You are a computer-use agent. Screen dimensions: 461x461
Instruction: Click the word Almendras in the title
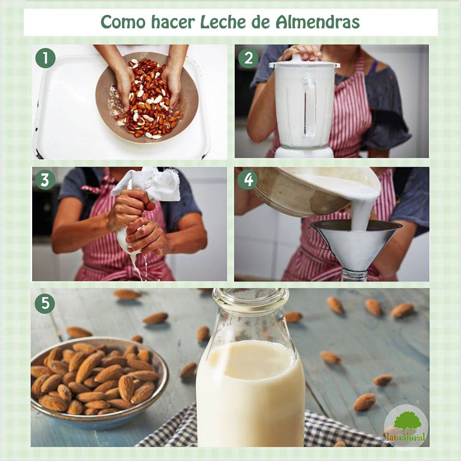(x=317, y=22)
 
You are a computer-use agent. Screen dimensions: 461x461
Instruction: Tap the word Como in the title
(x=123, y=22)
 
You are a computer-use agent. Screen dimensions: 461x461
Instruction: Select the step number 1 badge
(x=45, y=58)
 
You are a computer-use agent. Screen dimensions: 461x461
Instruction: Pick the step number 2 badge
(x=248, y=58)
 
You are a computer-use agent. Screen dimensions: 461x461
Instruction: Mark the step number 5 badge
(x=45, y=303)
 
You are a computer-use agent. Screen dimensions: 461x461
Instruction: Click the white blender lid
(x=304, y=62)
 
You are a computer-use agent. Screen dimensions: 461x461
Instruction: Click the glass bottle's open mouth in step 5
(x=251, y=295)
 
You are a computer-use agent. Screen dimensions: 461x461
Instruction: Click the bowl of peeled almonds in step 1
(x=147, y=97)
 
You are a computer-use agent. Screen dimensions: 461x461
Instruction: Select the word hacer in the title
(x=173, y=22)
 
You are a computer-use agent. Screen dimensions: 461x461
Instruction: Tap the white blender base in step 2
(x=304, y=152)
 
